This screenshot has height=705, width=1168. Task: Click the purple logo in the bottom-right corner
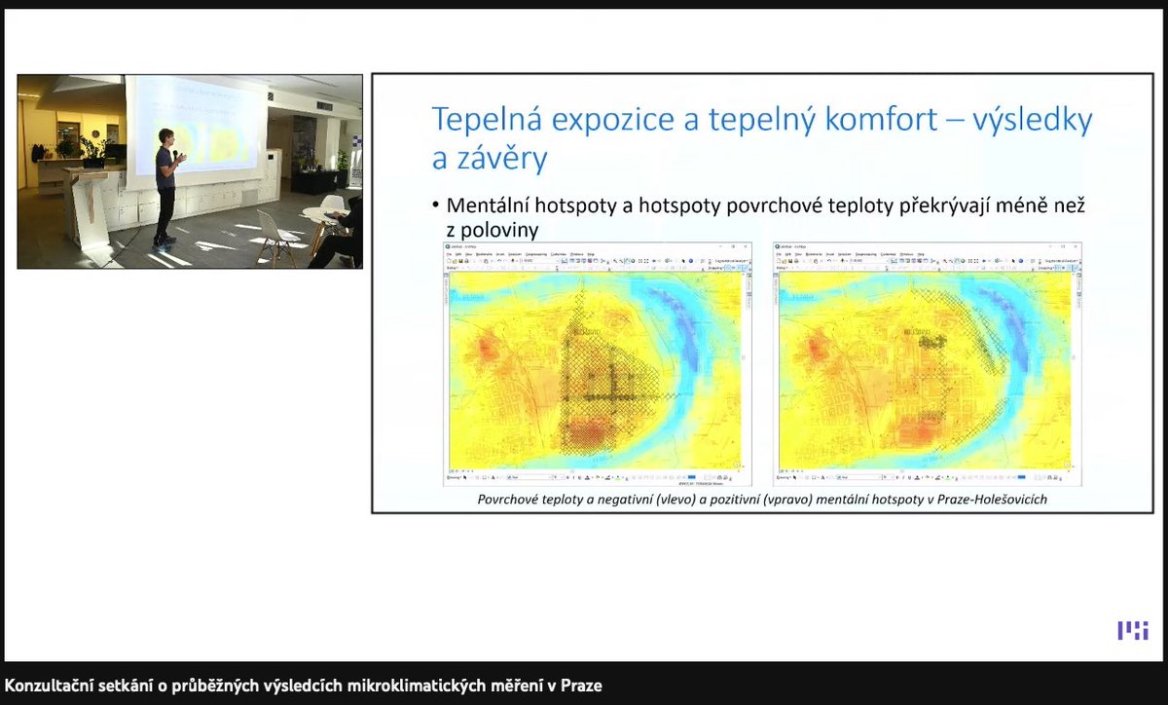coord(1132,630)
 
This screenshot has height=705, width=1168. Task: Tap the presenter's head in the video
coord(166,136)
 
